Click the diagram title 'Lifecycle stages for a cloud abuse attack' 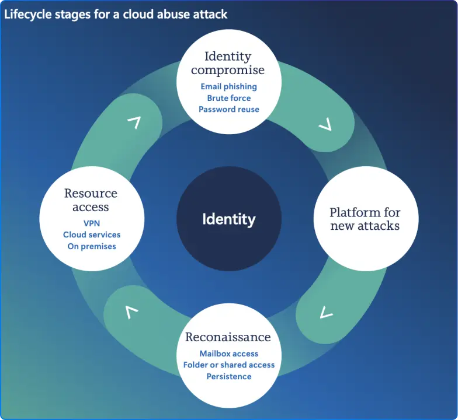pos(116,14)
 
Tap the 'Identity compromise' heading pos(228,63)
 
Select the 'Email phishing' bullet pos(228,86)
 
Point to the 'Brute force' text pos(228,98)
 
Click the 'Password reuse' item pos(228,109)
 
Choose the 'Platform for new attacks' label pos(365,219)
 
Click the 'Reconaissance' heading pos(228,337)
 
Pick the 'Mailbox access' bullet pos(228,353)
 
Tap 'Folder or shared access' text pos(228,365)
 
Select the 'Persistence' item pos(228,376)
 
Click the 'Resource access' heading pos(91,199)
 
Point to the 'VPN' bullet pos(92,223)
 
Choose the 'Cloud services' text pos(92,235)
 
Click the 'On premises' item pos(92,246)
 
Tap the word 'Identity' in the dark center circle pos(228,219)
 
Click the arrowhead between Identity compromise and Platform pos(325,125)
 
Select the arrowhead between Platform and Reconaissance pos(326,314)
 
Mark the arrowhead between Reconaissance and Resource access pos(132,312)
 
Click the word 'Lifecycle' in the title pos(26,14)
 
